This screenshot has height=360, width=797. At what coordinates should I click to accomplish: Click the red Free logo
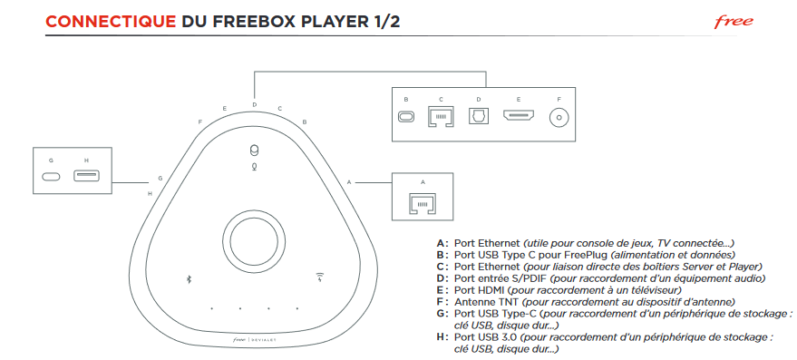point(734,22)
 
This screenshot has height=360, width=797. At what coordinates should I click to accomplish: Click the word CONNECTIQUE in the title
point(111,22)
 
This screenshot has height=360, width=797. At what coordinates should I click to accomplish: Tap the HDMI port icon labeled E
point(519,116)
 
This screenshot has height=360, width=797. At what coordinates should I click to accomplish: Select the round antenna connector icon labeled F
point(559,118)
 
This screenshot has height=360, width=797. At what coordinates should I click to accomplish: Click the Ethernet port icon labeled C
point(441,117)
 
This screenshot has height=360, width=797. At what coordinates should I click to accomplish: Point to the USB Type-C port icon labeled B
point(405,117)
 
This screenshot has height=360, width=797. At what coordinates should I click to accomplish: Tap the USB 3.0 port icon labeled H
point(86,177)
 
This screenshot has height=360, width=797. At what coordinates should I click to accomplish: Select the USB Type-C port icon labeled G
point(51,177)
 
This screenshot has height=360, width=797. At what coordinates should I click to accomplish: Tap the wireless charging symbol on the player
point(320,278)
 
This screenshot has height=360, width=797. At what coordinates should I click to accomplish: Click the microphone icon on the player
point(254,166)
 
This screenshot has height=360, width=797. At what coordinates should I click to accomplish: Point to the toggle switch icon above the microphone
point(254,151)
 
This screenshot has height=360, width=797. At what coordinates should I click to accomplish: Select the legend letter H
point(440,337)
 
